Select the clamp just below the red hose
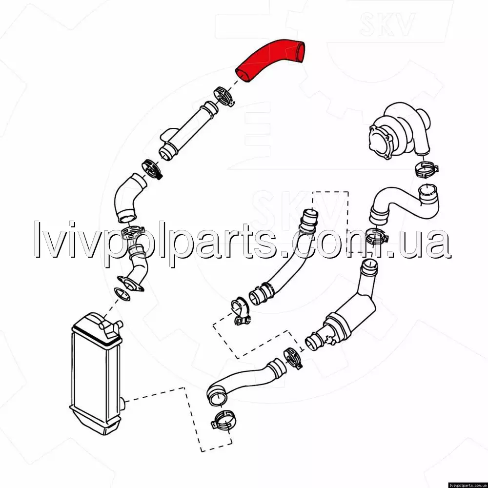(224, 96)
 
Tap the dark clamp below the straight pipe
(152, 169)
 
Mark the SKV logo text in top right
(387, 24)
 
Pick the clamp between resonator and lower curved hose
(293, 359)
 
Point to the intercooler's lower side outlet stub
(122, 404)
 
